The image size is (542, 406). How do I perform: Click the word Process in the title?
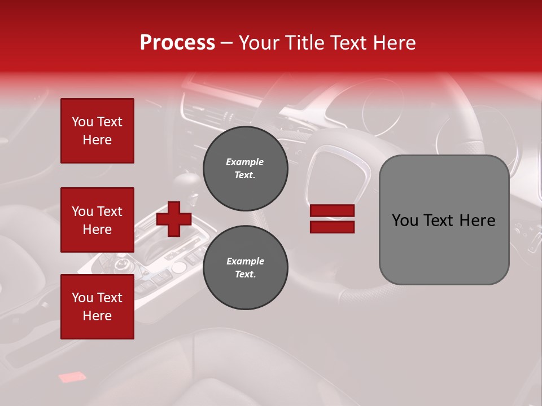coord(177,43)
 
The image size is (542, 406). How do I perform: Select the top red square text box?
coord(97,131)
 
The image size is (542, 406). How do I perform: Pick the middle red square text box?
coord(97,220)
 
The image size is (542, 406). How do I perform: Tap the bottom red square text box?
coord(97,307)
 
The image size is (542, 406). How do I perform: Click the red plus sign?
coord(174,219)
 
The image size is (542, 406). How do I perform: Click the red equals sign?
coord(332,219)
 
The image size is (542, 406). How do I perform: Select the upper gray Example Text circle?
coord(245,168)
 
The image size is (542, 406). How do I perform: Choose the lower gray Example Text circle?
coord(245,267)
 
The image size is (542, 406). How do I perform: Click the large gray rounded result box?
coord(444,220)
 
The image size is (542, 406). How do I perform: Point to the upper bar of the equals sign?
coord(332,210)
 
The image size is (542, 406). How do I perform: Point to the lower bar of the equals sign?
coord(332,227)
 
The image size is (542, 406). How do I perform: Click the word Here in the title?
coord(395,43)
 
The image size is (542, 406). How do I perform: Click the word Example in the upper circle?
coord(244,162)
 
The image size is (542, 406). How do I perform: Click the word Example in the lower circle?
coord(245,261)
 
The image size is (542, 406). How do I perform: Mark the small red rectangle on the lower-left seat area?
coord(71,376)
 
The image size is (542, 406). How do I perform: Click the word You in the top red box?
coord(82,122)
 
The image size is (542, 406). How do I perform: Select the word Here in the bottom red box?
coord(97,316)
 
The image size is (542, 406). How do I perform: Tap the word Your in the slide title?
coord(259,43)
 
